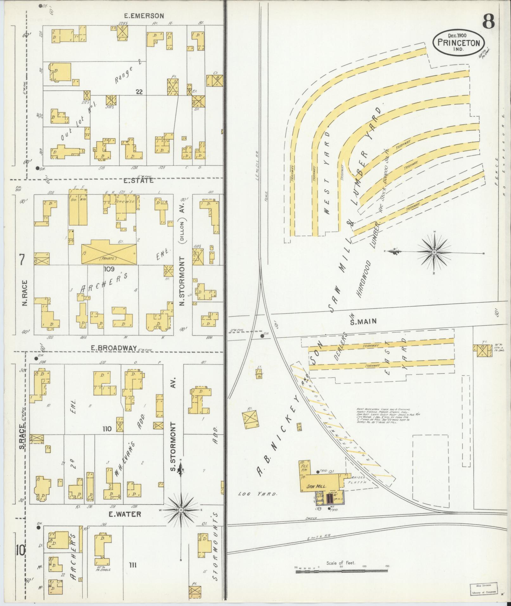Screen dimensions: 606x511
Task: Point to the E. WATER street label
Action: coord(125,514)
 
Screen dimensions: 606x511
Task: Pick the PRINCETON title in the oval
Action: coord(459,43)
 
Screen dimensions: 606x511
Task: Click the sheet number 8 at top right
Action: coord(489,22)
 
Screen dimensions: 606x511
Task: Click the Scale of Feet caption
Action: coord(341,563)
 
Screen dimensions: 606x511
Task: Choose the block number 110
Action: coord(107,429)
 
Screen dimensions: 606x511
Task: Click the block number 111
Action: coord(133,565)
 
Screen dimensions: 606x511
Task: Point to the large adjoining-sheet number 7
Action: coord(21,260)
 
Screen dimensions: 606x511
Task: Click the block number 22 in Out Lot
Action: coord(139,92)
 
